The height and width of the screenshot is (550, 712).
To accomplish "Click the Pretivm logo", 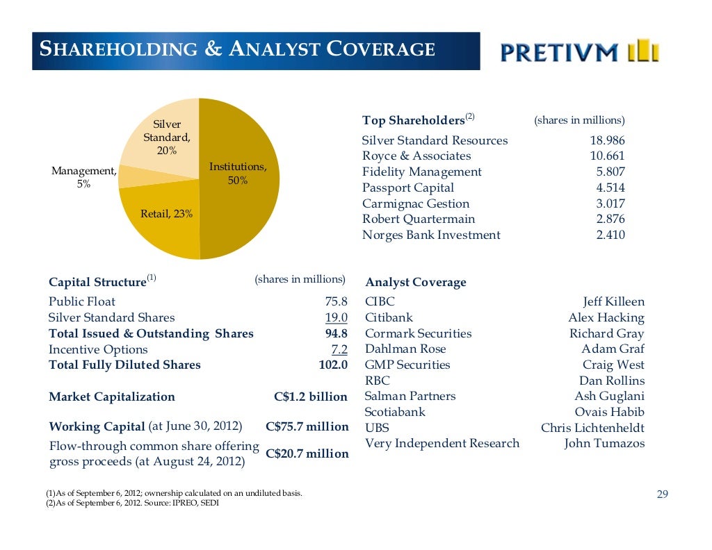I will [x=580, y=51].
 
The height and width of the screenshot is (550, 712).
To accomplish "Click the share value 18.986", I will [x=607, y=140].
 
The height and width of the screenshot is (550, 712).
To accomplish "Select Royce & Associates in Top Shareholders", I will [x=416, y=156].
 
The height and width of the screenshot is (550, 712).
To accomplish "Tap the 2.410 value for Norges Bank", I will [x=610, y=235].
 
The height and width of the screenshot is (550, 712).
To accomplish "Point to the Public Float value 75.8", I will [x=336, y=301].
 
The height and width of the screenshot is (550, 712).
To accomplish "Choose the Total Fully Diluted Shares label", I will [x=124, y=365].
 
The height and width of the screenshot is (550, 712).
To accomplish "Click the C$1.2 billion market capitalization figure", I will [x=311, y=397].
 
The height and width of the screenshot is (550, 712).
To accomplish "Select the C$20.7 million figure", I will [x=307, y=453].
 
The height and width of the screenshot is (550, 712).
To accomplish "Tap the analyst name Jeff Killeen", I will [x=613, y=301].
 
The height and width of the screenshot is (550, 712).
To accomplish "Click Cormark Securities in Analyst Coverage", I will [x=418, y=333].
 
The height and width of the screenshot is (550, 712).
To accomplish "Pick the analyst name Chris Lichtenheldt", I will [x=592, y=428].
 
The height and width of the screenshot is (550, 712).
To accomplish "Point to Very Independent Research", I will [x=442, y=443].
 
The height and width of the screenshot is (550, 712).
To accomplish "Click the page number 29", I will [x=662, y=494].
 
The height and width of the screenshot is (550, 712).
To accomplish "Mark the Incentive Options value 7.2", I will [x=339, y=349].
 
